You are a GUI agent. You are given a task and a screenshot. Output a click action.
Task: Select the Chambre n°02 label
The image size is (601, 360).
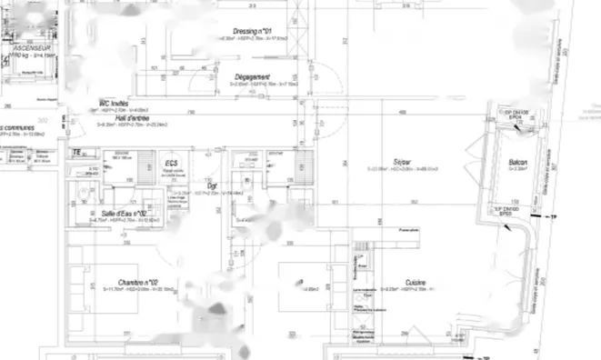(139, 282)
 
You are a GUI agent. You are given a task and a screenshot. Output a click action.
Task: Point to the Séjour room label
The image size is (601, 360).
(403, 161)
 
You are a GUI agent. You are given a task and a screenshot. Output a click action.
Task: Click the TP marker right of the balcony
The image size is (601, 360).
(559, 218)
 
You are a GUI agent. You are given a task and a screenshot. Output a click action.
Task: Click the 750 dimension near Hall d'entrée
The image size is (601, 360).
(192, 112)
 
